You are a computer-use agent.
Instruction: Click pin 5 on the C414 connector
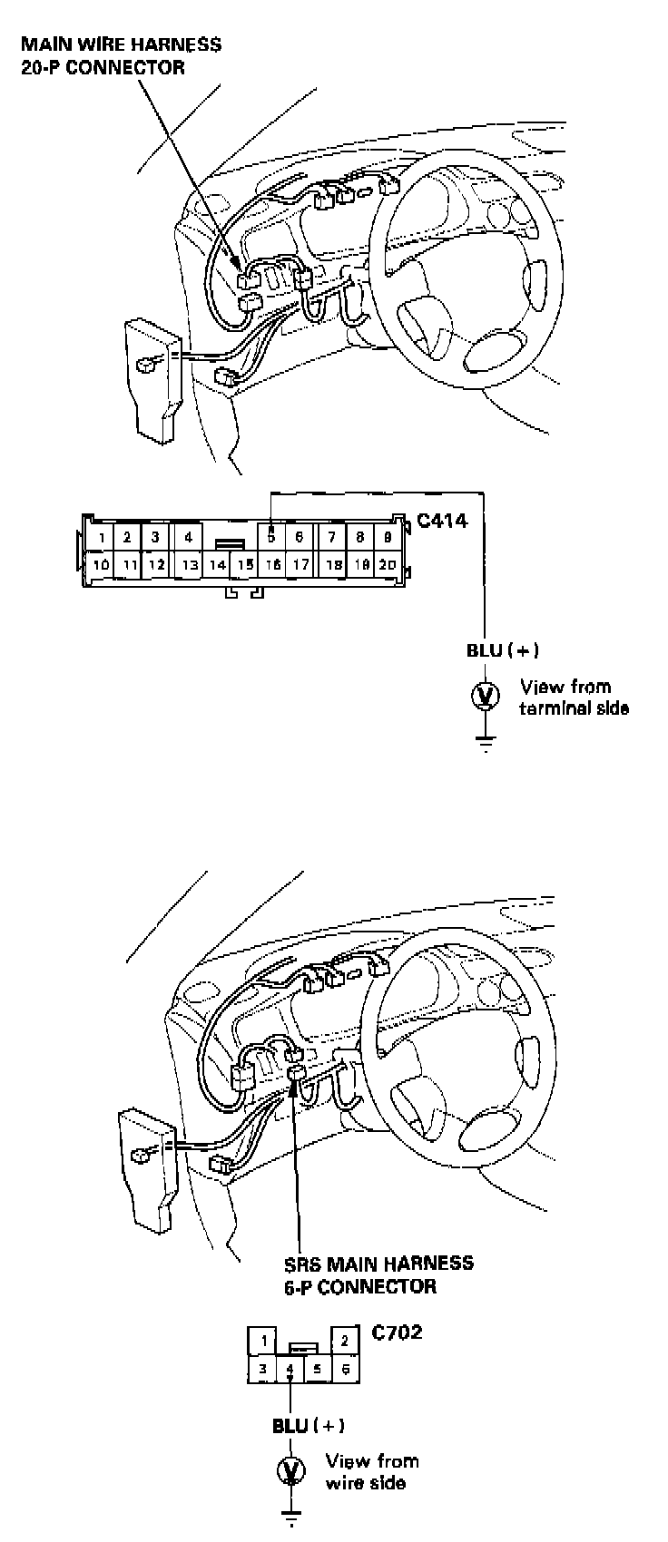[x=271, y=538]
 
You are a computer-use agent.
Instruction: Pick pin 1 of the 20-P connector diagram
[x=102, y=538]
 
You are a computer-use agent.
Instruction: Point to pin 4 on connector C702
[x=290, y=1370]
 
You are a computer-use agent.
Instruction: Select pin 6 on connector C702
[x=345, y=1370]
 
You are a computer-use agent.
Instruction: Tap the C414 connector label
[x=442, y=522]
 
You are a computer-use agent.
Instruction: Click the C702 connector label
[x=398, y=1333]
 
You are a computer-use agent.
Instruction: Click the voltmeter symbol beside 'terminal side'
[x=486, y=696]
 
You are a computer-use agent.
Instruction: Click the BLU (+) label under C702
[x=309, y=1425]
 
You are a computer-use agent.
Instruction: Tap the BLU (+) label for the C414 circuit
[x=503, y=650]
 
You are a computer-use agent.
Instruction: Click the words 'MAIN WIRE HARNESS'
[x=122, y=44]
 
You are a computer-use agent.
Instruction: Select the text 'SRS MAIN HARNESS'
[x=378, y=1264]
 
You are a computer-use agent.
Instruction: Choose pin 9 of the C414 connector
[x=388, y=538]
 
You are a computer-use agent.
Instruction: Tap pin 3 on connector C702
[x=262, y=1370]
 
